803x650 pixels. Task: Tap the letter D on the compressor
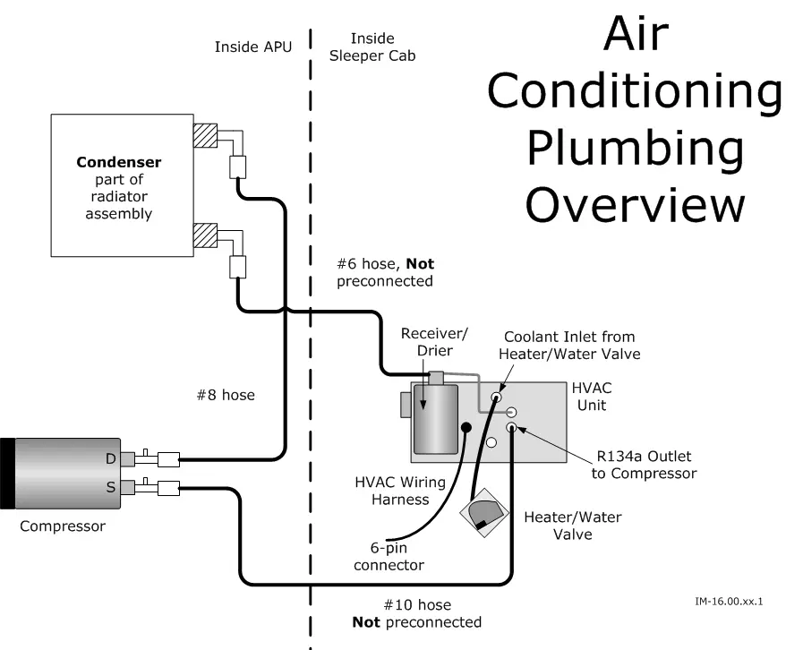pos(111,459)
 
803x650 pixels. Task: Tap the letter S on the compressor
pos(111,487)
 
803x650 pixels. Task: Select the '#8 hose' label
pos(225,395)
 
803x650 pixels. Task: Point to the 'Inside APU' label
pos(252,47)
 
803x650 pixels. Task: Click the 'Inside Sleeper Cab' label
pos(372,47)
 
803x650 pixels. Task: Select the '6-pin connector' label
pos(389,556)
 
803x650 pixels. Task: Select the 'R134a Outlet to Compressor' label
pos(643,465)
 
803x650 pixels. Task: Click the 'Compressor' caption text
pos(62,526)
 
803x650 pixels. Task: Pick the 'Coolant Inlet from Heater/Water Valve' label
pos(569,346)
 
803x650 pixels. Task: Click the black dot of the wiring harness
pos(466,427)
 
